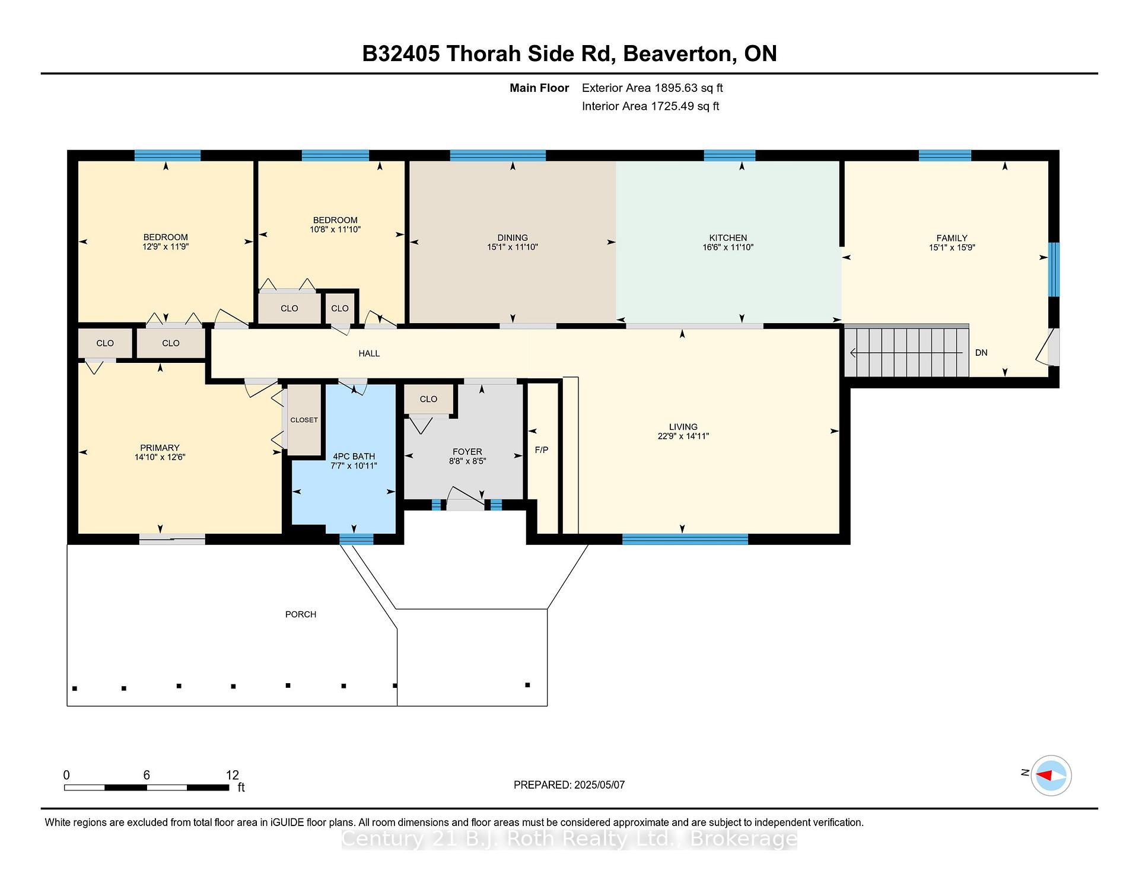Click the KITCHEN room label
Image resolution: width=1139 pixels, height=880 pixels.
pos(728,238)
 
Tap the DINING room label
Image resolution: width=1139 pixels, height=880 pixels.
pos(513,238)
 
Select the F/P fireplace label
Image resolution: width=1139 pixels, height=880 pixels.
pos(542,450)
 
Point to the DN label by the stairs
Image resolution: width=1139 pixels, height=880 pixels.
pos(981,353)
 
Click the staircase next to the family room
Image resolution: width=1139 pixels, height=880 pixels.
pos(906,352)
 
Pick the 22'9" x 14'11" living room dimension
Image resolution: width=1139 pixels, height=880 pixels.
pos(683,436)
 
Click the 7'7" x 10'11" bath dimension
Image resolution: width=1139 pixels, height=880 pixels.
pos(354,466)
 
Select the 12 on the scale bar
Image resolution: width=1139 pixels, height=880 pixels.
pos(233,775)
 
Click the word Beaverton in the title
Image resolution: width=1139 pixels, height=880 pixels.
pos(676,54)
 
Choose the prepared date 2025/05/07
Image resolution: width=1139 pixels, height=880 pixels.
pos(600,785)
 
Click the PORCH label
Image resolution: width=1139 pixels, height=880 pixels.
pos(301,614)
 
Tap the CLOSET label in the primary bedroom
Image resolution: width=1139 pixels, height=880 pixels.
pos(304,420)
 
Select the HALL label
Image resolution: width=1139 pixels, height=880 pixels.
pos(369,353)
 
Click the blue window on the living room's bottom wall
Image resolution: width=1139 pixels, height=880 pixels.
pos(685,539)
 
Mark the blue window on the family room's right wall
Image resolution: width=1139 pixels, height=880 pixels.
pos(1054,269)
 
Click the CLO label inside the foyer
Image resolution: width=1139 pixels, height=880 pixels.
pos(428,399)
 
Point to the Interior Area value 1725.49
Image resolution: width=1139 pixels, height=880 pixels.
pos(673,107)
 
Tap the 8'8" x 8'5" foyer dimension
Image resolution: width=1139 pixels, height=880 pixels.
pos(467,461)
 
